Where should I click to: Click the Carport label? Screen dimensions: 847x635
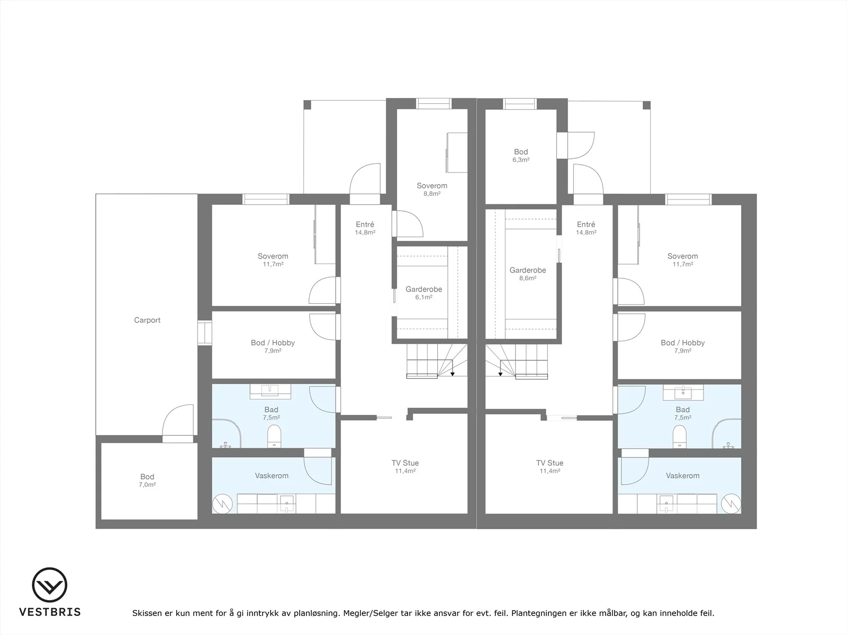tap(147, 320)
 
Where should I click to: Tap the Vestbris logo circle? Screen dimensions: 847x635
tap(49, 585)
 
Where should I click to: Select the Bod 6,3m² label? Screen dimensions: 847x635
tap(520, 156)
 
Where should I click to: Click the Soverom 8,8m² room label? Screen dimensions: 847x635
tap(432, 189)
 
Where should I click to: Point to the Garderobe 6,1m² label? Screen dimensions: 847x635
tap(424, 293)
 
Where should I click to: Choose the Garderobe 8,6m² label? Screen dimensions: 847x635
tap(527, 274)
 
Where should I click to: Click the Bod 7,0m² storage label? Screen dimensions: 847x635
tap(147, 480)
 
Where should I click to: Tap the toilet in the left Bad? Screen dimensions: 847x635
tap(274, 437)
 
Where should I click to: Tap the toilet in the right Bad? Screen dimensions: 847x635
tap(680, 437)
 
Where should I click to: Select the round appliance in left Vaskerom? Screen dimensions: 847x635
tap(223, 504)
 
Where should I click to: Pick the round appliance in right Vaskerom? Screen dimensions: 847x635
tap(731, 504)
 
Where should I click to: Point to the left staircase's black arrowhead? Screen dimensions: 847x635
tap(452, 374)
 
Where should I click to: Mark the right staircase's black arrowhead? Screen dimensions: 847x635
tap(500, 374)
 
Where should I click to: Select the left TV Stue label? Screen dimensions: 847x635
tap(405, 463)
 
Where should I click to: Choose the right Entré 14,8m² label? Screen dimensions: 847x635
tap(586, 228)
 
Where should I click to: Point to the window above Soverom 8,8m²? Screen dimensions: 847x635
tap(434, 104)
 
